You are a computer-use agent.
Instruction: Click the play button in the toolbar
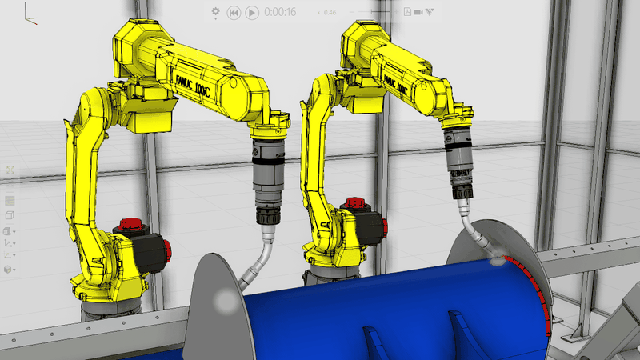[x=251, y=12]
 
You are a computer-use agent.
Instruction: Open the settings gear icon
[x=215, y=12]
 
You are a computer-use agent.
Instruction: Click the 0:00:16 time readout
[x=280, y=12]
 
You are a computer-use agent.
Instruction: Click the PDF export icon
[x=407, y=12]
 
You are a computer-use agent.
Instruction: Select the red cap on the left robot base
[x=130, y=225]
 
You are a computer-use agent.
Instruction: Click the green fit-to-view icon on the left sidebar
[x=10, y=170]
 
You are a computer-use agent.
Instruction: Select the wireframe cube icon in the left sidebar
[x=10, y=216]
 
